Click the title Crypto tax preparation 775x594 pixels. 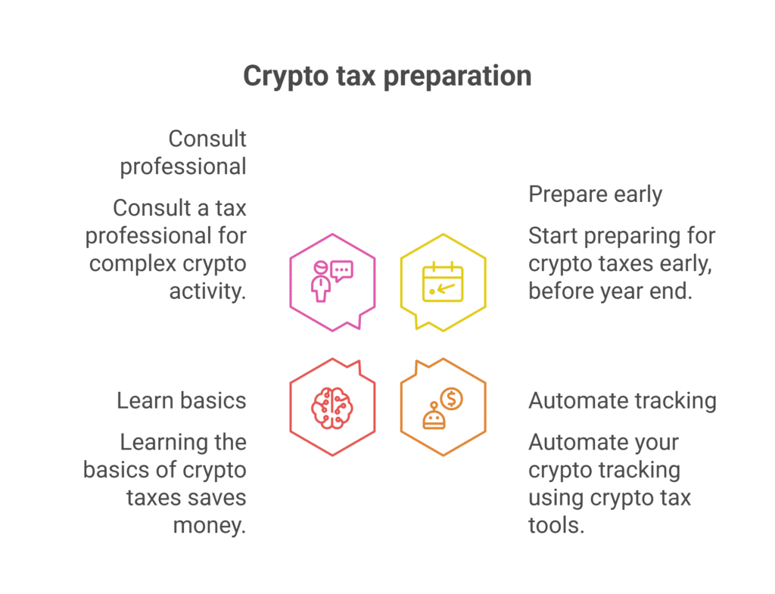[x=387, y=77]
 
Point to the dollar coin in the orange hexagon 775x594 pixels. [x=451, y=399]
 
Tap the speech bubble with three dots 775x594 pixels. [x=341, y=271]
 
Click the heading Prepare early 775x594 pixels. [x=595, y=194]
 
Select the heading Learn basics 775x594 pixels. [x=182, y=401]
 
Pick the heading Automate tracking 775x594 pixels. [x=622, y=401]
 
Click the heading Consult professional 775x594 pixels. [x=183, y=153]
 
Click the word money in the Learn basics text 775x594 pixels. [x=209, y=526]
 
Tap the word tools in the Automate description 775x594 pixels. [x=556, y=525]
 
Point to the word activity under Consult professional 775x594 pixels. [x=207, y=291]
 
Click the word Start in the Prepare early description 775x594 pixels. [x=553, y=236]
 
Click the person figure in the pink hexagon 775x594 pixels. [x=321, y=281]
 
